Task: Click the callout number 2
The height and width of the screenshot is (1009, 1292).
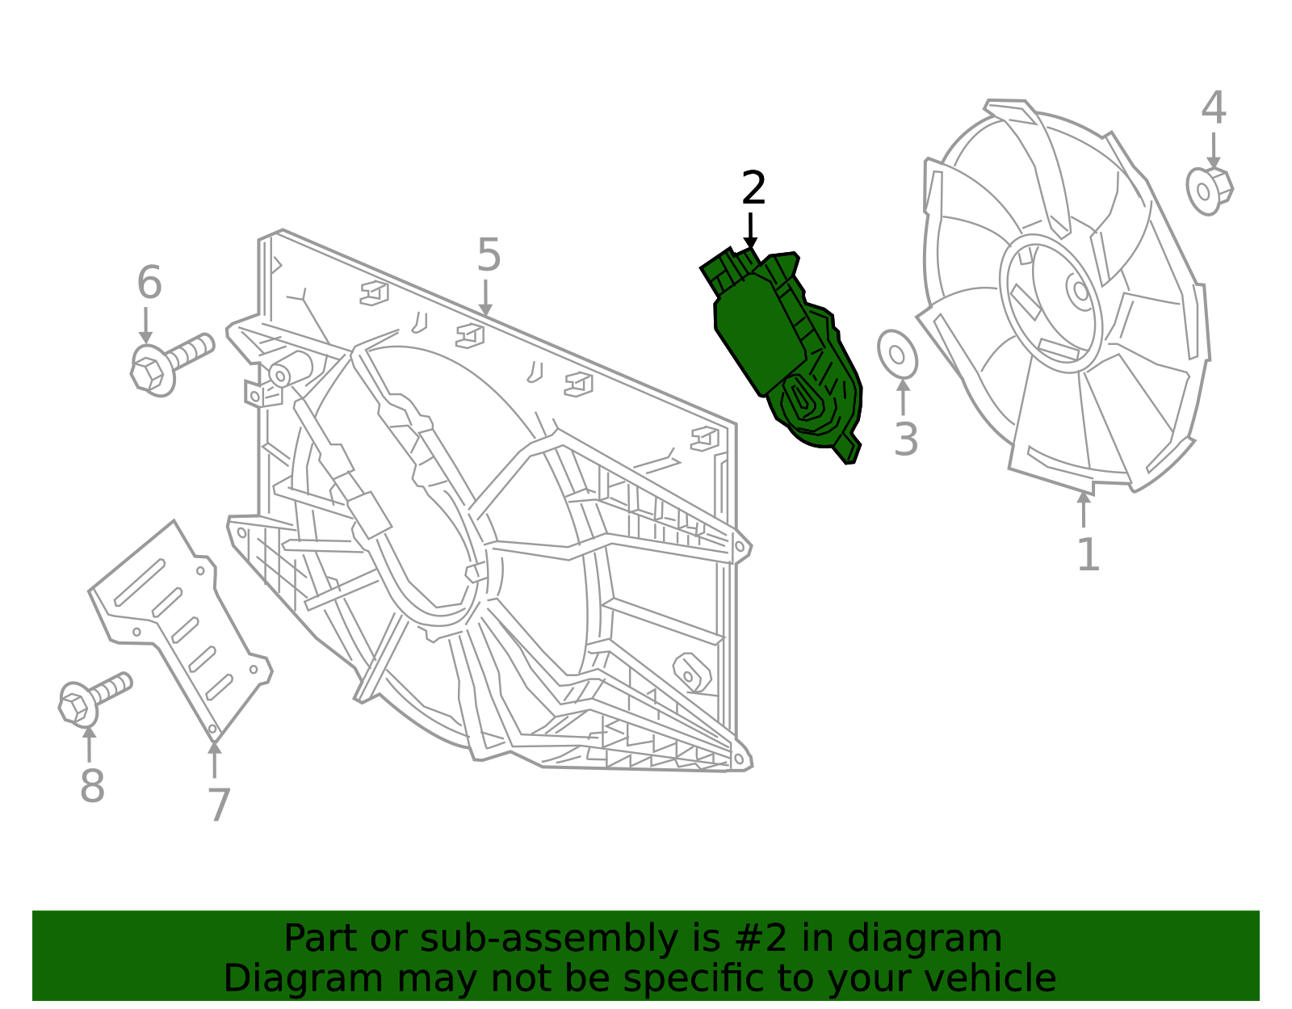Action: (753, 189)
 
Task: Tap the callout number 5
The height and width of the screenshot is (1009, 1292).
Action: (489, 255)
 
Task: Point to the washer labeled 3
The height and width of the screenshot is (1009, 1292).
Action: (897, 354)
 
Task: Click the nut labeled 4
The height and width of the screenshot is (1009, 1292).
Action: (1209, 191)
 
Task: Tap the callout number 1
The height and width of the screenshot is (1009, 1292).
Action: (1088, 556)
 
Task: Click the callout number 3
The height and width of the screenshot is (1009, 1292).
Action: (906, 440)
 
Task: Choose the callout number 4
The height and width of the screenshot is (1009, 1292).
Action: (1213, 108)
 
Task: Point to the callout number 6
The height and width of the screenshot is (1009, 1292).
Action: (149, 284)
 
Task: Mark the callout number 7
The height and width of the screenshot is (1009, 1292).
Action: (218, 805)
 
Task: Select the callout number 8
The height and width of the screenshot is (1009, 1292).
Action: (92, 786)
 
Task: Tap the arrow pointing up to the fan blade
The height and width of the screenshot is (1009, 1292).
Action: (1084, 509)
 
